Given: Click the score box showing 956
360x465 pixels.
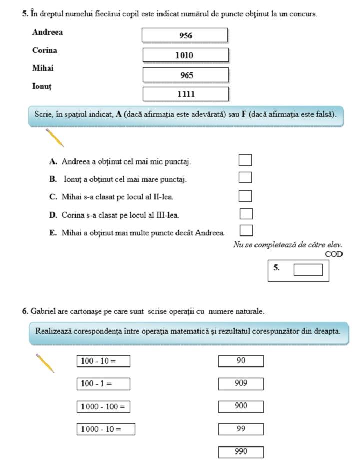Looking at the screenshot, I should click(x=185, y=35).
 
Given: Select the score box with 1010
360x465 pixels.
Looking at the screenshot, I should click(x=185, y=55).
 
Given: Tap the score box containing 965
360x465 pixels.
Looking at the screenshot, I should click(x=185, y=75).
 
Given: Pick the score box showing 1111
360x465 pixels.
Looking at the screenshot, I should click(x=185, y=94).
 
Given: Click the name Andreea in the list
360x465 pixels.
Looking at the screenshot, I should click(x=47, y=32).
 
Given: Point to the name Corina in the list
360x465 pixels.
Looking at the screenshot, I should click(x=44, y=50).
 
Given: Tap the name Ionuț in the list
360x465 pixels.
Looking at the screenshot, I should click(x=42, y=86).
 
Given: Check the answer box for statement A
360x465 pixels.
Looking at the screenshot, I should click(x=245, y=160).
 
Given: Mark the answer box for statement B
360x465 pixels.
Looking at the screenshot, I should click(x=245, y=177).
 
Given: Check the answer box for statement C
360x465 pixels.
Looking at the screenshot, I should click(x=245, y=196).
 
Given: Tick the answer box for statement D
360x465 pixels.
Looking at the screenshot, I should click(x=246, y=214).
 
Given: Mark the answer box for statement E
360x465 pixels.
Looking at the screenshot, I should click(x=246, y=230).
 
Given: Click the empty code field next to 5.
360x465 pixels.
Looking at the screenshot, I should click(x=308, y=270).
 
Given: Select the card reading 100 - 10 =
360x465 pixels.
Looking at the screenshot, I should click(x=103, y=361).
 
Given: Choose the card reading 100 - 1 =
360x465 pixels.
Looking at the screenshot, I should click(x=103, y=384).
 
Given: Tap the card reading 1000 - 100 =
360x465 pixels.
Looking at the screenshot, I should click(x=103, y=406).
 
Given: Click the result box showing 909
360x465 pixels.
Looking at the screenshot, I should click(x=241, y=384).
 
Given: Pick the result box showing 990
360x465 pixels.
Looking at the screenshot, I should click(x=241, y=452).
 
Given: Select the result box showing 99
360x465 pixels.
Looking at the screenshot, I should click(x=241, y=429).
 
